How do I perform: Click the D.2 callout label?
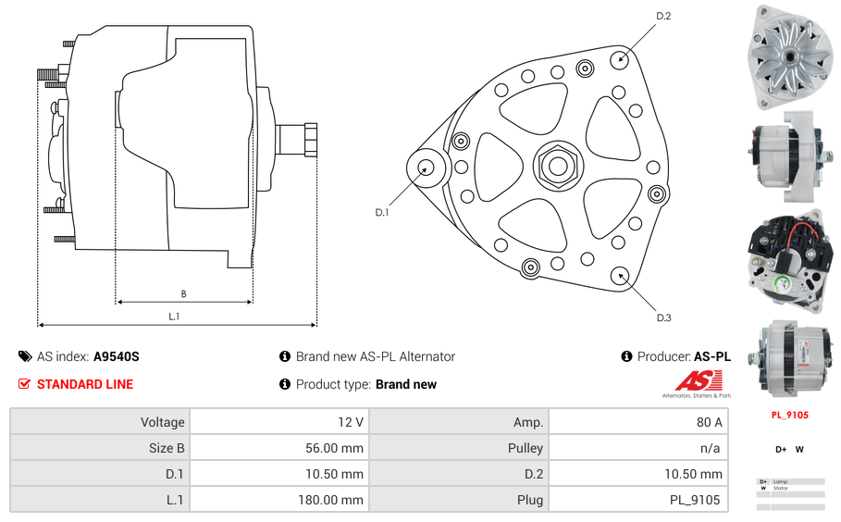[x=663, y=16]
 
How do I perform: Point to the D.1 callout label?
[x=381, y=213]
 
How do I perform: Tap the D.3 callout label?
[x=663, y=317]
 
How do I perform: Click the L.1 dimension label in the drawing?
[x=174, y=317]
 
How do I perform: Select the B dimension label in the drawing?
[x=183, y=294]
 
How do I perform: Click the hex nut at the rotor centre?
[x=557, y=167]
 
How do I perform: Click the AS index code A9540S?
[x=116, y=356]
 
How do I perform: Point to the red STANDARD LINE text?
[x=84, y=384]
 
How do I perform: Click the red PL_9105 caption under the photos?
[x=789, y=415]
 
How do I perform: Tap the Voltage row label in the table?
[x=162, y=422]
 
